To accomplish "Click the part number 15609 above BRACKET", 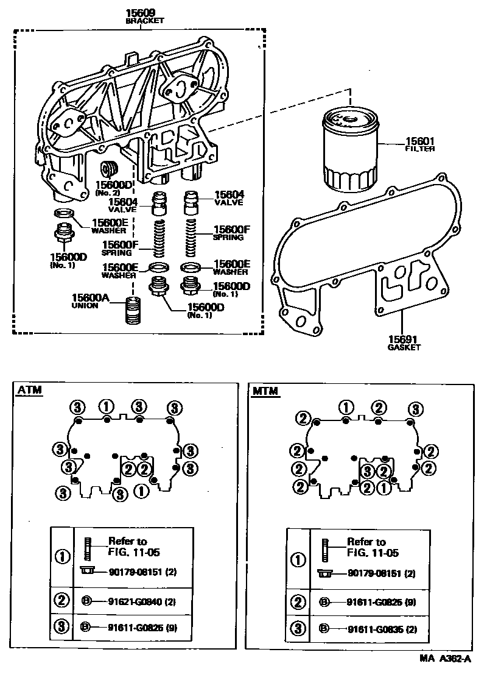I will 141,12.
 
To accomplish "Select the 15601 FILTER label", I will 419,144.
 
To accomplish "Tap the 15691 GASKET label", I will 404,342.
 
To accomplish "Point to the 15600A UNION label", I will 90,300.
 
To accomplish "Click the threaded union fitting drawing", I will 133,311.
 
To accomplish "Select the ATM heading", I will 30,391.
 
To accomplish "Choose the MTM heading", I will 265,391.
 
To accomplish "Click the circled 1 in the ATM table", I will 61,556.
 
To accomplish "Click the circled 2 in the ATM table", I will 61,601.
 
